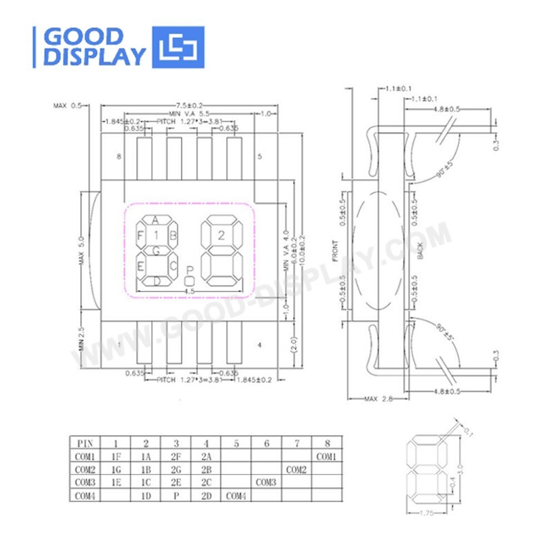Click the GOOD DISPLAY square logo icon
tap(178, 47)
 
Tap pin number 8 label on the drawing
tap(118, 157)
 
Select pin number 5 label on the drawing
tap(260, 157)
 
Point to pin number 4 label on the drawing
tap(260, 345)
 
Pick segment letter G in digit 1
tap(156, 251)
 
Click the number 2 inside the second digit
tap(221, 235)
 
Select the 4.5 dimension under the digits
tap(189, 290)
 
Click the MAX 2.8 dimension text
tap(379, 399)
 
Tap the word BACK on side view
tap(420, 250)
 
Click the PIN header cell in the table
tap(85, 444)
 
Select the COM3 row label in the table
tap(85, 483)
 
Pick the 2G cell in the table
tap(176, 470)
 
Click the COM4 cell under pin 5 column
tap(236, 495)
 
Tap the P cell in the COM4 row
tap(176, 495)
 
